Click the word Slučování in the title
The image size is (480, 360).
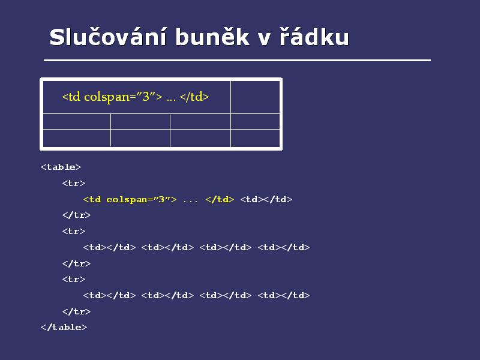108,37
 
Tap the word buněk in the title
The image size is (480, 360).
212,37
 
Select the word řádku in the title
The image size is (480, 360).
314,37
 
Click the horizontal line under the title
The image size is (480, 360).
237,61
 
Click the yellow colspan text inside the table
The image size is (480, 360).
136,97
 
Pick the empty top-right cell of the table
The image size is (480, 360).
256,97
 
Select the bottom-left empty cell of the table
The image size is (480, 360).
77,138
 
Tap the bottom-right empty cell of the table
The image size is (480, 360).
256,138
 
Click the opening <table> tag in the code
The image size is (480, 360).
61,167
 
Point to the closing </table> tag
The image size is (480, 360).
64,327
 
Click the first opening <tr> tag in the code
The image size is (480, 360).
73,184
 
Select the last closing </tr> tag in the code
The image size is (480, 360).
76,311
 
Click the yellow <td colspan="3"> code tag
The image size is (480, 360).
130,200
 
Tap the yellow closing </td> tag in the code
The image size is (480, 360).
220,200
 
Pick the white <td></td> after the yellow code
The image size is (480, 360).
266,200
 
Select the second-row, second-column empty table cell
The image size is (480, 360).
140,122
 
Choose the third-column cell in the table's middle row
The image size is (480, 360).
200,122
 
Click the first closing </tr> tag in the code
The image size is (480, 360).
76,215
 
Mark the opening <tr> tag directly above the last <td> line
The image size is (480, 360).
73,279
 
